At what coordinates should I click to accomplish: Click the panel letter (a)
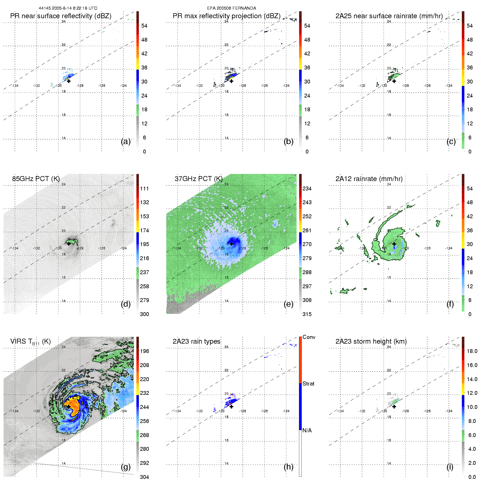tap(126, 142)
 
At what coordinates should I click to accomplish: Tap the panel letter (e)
tap(288, 304)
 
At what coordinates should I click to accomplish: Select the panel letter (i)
tap(450, 467)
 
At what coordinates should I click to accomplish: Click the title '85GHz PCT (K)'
tap(36, 179)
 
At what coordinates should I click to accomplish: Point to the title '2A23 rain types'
tap(196, 341)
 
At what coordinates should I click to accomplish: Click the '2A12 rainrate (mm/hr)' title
tap(369, 179)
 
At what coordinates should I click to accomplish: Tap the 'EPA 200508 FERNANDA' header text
tap(231, 8)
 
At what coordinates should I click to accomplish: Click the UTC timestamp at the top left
tap(68, 8)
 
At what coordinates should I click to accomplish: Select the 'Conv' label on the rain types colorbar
tap(309, 337)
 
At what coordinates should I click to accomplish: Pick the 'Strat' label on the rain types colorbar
tap(308, 384)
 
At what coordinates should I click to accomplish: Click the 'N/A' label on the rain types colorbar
tap(307, 430)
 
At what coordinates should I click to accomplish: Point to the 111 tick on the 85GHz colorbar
tap(144, 188)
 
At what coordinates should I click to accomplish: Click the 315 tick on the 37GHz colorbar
tap(307, 314)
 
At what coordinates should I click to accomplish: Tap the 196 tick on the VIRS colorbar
tap(144, 351)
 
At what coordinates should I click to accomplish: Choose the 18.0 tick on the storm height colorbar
tap(472, 351)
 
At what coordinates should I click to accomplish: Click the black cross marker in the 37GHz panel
tap(231, 244)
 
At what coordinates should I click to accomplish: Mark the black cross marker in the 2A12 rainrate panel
tap(394, 244)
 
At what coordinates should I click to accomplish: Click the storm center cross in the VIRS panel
tap(69, 406)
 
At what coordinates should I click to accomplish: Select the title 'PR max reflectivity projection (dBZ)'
tap(227, 16)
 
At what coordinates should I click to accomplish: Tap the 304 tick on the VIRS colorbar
tap(144, 477)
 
